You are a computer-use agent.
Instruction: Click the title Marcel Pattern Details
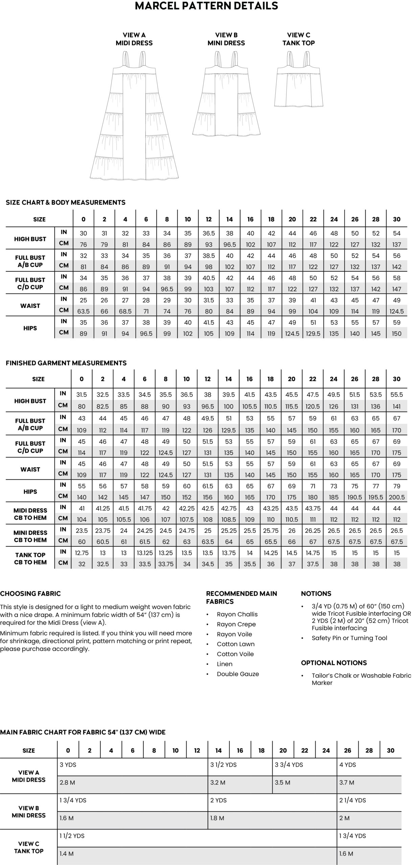click(206, 6)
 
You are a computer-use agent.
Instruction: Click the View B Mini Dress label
click(226, 39)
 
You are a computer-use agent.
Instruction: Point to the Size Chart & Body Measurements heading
click(66, 202)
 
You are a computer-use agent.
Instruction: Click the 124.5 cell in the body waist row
click(396, 311)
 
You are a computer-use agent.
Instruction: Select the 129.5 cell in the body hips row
click(313, 333)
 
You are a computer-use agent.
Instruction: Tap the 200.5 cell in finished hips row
click(396, 497)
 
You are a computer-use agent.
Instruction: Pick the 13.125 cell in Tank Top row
click(144, 553)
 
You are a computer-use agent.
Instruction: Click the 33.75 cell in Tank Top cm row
click(165, 564)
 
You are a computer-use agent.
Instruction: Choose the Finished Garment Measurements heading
click(66, 363)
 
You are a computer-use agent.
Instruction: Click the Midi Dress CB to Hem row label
click(30, 514)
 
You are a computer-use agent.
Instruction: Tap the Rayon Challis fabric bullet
click(237, 614)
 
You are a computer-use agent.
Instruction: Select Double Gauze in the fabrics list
click(238, 674)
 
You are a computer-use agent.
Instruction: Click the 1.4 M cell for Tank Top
click(67, 854)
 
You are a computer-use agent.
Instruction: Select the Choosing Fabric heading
click(30, 593)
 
